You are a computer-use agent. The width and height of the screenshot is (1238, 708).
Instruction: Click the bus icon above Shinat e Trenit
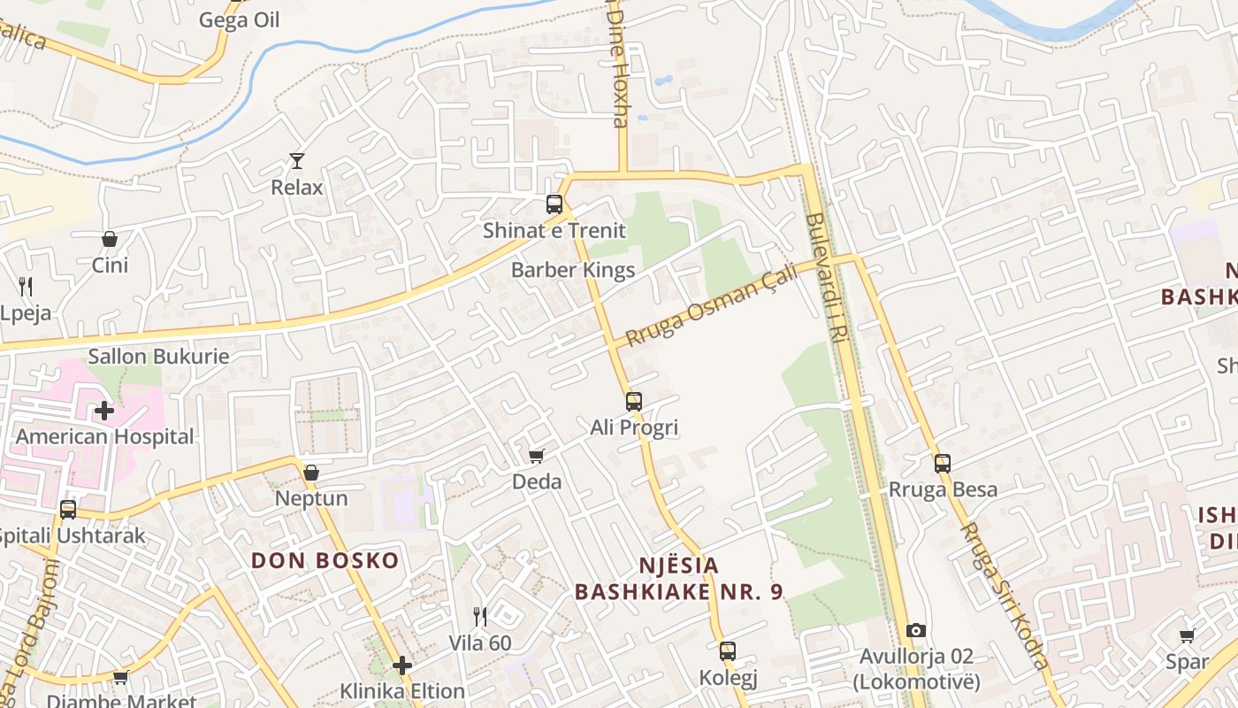[x=554, y=204]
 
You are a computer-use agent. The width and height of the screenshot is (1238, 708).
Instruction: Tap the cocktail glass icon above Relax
[x=297, y=161]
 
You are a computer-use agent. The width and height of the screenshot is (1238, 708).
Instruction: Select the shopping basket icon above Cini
[x=110, y=239]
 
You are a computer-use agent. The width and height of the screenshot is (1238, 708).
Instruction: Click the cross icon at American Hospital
[x=104, y=411]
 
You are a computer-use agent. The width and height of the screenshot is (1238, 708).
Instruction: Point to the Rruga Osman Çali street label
[x=711, y=304]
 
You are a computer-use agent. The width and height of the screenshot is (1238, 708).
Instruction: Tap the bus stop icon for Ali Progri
[x=633, y=402]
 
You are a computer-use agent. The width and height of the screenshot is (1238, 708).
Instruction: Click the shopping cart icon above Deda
[x=536, y=456]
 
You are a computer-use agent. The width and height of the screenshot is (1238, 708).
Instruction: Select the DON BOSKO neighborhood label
[x=325, y=560]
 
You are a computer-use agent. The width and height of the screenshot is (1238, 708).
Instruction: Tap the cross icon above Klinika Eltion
[x=402, y=666]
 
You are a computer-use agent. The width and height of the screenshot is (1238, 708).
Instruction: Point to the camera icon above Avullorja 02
[x=916, y=631]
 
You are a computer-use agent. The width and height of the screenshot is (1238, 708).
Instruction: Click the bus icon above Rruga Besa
[x=943, y=463]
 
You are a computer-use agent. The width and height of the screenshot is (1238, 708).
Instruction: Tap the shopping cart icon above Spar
[x=1187, y=635]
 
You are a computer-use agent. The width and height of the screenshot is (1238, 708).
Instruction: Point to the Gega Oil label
[x=239, y=19]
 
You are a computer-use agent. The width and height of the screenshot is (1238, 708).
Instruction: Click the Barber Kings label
[x=573, y=271]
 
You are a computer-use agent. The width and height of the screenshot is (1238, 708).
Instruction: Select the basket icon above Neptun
[x=311, y=473]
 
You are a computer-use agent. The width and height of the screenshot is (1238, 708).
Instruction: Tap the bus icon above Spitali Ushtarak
[x=68, y=510]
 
